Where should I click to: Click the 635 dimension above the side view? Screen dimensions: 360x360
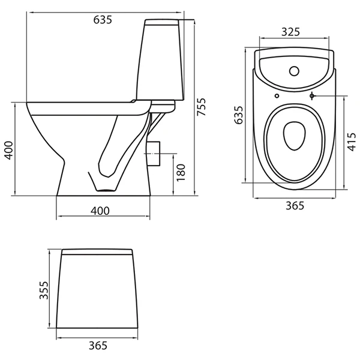point(103,20)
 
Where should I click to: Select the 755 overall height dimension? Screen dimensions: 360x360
point(202,107)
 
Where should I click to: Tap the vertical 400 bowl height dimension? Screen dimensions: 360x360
point(9,151)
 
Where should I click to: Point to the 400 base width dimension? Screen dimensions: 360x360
point(100,211)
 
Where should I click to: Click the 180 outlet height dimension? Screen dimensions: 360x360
point(181,172)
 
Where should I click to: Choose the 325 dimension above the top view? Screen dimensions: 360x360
point(290,32)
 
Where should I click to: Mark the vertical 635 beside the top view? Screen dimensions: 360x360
point(239,115)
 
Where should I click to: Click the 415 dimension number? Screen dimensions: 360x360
point(352,142)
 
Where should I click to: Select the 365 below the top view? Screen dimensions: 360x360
point(295,205)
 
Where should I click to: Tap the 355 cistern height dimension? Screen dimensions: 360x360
point(44,290)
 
